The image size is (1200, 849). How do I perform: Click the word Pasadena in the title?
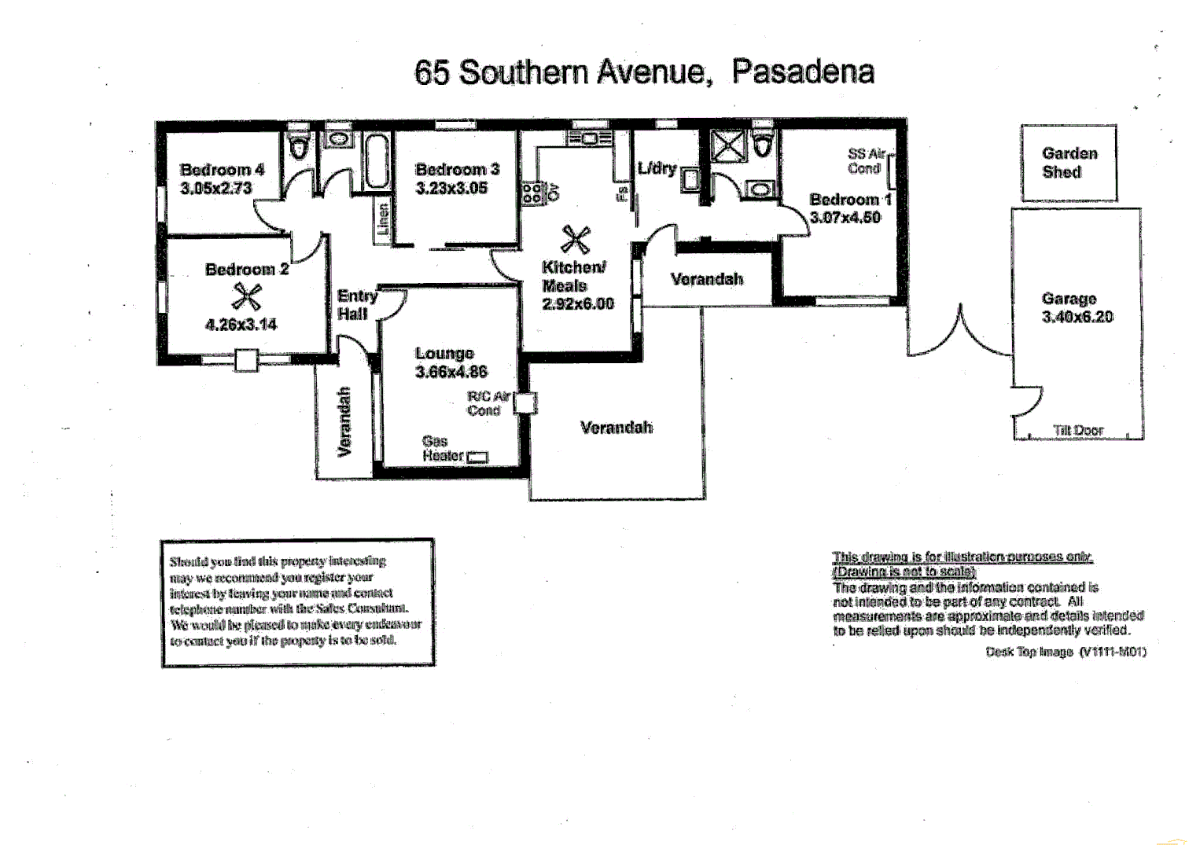click(x=802, y=72)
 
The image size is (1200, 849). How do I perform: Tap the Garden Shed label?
click(x=1069, y=163)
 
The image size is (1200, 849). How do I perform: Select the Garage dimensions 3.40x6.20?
click(x=1077, y=317)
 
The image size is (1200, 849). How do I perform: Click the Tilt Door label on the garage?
click(x=1078, y=430)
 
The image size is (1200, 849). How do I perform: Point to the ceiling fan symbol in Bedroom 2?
click(x=246, y=297)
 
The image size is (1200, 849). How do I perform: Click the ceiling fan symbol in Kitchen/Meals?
click(x=576, y=240)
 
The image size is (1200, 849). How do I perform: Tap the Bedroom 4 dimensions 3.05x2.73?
click(x=216, y=188)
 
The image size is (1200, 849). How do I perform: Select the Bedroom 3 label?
click(x=457, y=169)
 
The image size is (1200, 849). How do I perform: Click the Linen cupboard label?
click(x=383, y=219)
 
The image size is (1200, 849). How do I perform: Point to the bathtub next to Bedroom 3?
click(x=377, y=162)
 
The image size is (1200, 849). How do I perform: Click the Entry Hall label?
click(x=356, y=304)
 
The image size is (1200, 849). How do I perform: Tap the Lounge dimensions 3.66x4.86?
click(x=451, y=372)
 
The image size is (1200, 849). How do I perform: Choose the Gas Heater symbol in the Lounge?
click(x=477, y=457)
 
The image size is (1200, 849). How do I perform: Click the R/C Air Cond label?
click(x=488, y=403)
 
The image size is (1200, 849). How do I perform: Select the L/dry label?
click(x=657, y=167)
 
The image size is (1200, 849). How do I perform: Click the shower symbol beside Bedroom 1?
click(x=727, y=146)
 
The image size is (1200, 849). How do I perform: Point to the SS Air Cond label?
click(x=866, y=161)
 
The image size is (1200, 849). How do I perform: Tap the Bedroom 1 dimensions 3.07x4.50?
click(x=845, y=218)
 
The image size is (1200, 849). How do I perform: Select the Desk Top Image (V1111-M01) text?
click(x=1066, y=652)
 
